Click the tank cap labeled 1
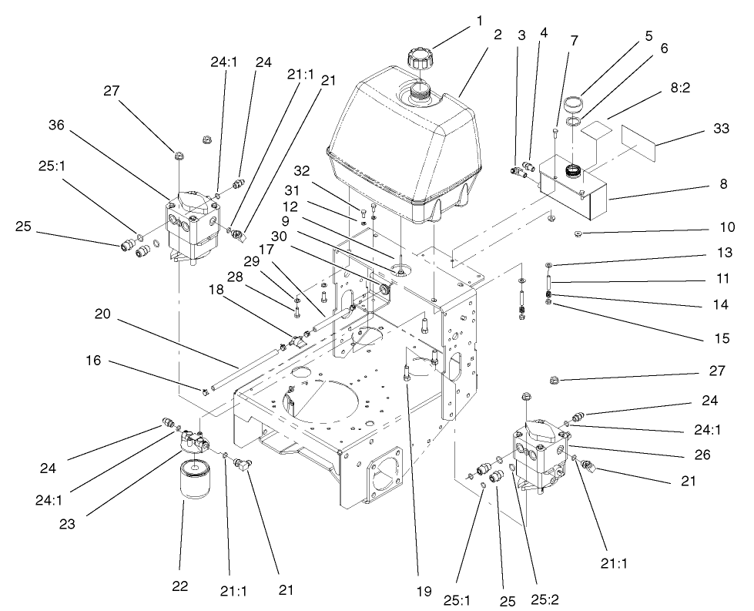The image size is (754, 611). pyautogui.click(x=422, y=59)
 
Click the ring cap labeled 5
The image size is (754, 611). pyautogui.click(x=573, y=103)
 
